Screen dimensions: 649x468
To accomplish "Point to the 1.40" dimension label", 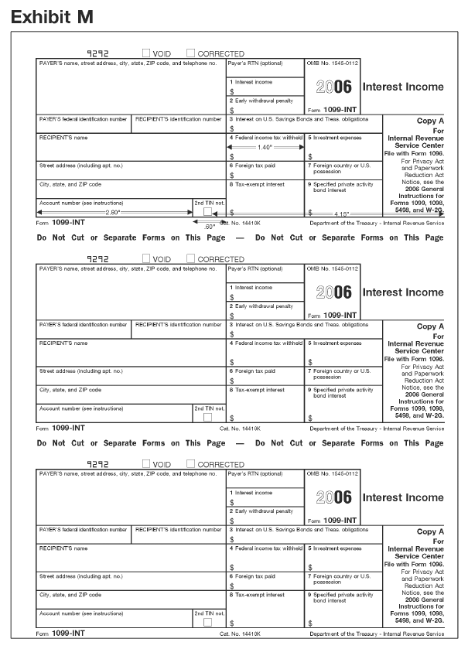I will pyautogui.click(x=265, y=146).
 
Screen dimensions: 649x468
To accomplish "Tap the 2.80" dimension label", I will pyautogui.click(x=113, y=212).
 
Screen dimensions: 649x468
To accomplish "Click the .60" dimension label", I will pyautogui.click(x=210, y=225).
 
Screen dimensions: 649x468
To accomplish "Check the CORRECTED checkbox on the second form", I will pyautogui.click(x=190, y=258).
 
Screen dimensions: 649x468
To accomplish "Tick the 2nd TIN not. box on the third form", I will pyautogui.click(x=207, y=621).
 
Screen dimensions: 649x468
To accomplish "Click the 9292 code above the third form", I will pyautogui.click(x=98, y=464).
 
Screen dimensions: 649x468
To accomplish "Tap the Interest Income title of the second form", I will pyautogui.click(x=403, y=292).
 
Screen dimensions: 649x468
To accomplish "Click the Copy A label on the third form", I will pyautogui.click(x=430, y=531).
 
